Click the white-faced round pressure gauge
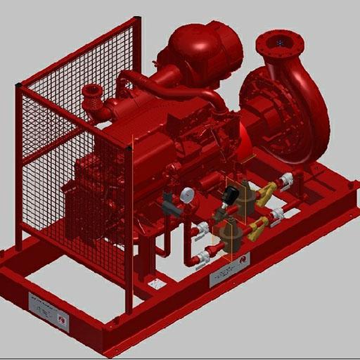pyautogui.click(x=186, y=195)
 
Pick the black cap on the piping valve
pyautogui.click(x=231, y=193)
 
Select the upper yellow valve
pyautogui.click(x=266, y=192)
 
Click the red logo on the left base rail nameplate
pyautogui.click(x=62, y=321)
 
